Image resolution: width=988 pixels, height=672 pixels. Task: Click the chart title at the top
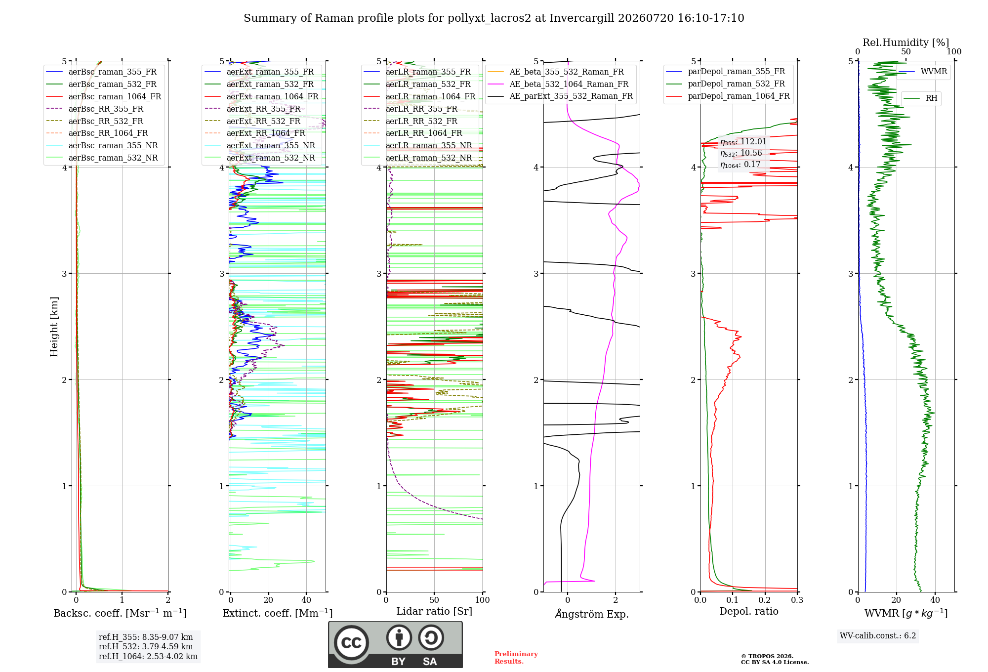494,18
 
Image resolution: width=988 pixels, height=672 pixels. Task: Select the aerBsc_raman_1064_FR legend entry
104,96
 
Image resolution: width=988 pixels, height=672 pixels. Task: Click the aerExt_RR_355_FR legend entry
252,109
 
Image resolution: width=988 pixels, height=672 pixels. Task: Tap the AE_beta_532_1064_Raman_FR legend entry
558,84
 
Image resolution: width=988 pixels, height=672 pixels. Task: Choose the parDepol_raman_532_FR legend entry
726,84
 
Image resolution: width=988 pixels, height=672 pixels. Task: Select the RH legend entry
921,98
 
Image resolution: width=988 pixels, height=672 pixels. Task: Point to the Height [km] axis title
54,327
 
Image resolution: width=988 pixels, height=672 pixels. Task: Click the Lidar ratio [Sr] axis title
434,611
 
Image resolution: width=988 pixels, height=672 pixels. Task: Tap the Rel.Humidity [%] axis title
906,42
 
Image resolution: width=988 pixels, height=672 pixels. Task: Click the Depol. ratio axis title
749,611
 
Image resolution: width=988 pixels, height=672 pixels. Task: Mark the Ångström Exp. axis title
592,614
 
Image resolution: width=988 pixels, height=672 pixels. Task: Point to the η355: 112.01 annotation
743,142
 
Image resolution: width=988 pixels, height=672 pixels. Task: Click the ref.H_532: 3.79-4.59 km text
146,646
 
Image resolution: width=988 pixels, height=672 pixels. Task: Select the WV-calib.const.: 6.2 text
878,635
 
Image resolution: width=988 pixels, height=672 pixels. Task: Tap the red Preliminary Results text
516,658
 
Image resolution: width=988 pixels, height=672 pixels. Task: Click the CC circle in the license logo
351,643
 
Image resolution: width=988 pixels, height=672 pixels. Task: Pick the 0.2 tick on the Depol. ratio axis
765,600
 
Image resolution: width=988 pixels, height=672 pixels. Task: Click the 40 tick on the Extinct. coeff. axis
306,600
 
